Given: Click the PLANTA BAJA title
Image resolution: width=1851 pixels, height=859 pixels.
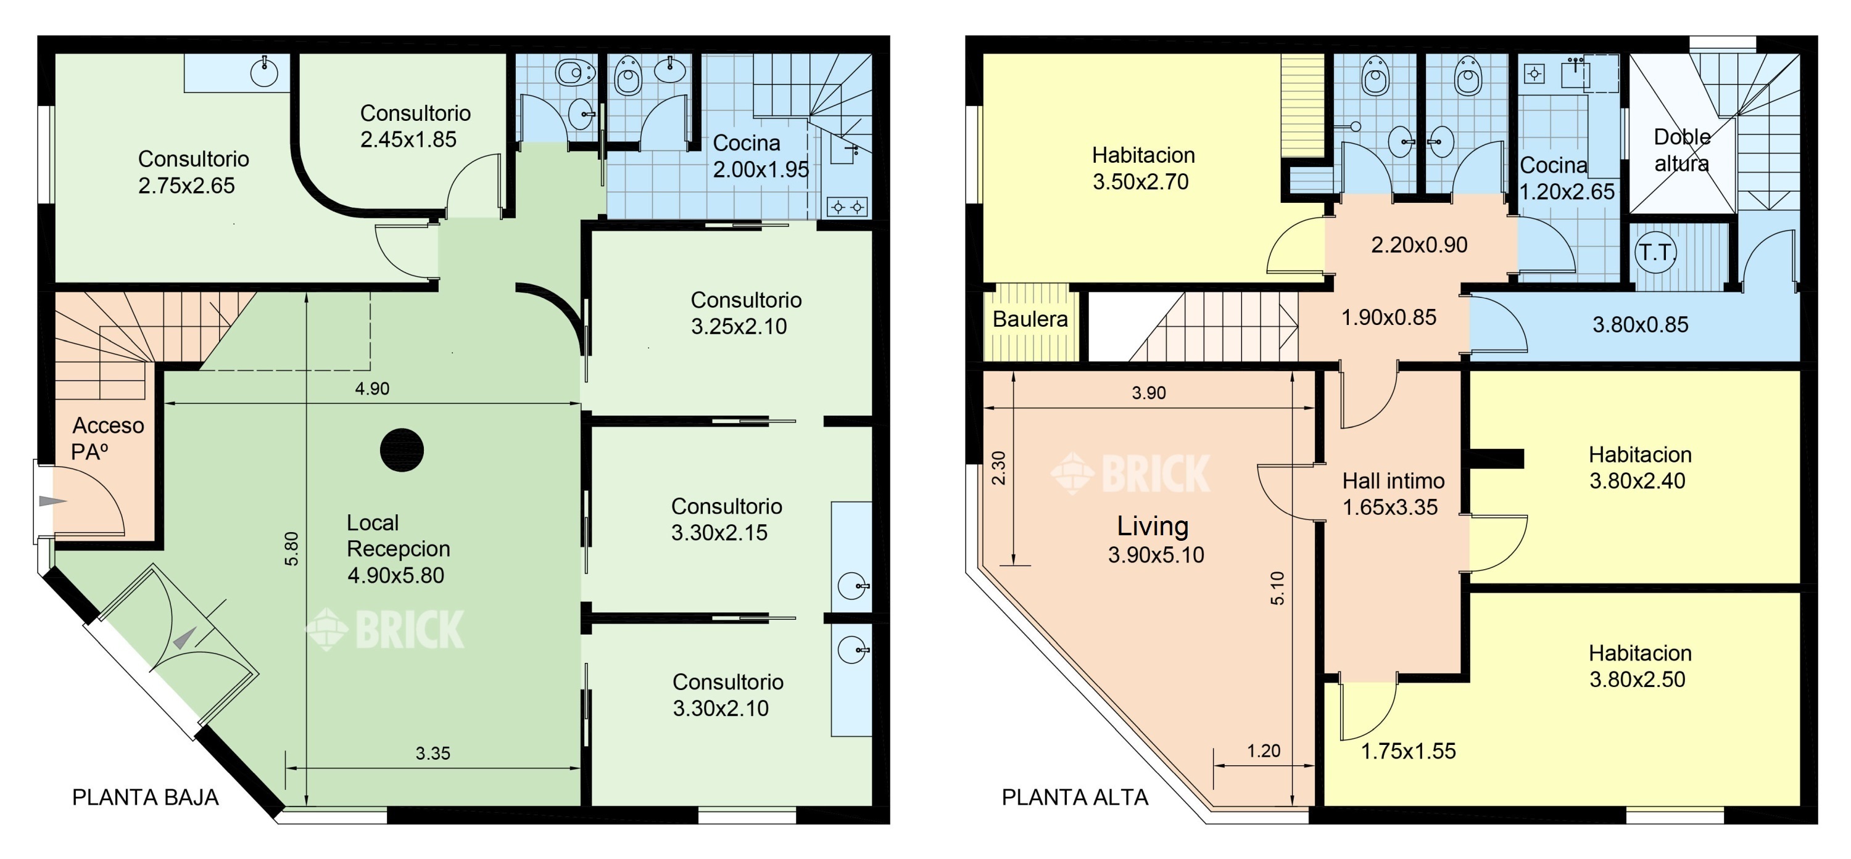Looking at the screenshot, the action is click(x=145, y=797).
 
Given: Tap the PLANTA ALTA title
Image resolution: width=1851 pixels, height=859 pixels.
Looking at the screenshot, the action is click(x=1075, y=797).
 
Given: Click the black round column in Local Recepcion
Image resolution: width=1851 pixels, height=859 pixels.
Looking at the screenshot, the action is click(x=402, y=450).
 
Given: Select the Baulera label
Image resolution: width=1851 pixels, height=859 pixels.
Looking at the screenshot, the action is click(x=1030, y=319).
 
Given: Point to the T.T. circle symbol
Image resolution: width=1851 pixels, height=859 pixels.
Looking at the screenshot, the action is click(x=1655, y=252).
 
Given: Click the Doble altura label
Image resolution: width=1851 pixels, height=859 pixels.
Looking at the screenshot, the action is click(x=1682, y=150).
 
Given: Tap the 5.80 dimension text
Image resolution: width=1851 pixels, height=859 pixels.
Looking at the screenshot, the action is click(x=291, y=549).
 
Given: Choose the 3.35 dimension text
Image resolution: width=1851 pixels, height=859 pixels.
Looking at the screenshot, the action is click(x=433, y=753).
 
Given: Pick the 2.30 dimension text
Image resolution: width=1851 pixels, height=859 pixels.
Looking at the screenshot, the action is click(x=999, y=467).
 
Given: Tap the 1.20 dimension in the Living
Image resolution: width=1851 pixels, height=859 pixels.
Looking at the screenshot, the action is click(x=1263, y=750).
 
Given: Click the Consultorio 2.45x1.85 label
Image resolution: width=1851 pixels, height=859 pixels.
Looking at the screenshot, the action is click(x=415, y=126).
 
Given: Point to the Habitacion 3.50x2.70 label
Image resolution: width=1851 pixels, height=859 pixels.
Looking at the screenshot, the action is click(x=1143, y=168).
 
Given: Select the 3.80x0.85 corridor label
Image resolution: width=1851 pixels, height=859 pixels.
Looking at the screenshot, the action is click(x=1641, y=324).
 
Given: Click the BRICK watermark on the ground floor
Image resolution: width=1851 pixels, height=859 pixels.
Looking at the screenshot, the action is click(x=385, y=629).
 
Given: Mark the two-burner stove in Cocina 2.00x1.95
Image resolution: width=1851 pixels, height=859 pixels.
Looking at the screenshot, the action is click(x=848, y=207).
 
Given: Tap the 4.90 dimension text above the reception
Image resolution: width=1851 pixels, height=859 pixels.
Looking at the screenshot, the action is click(x=372, y=388).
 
